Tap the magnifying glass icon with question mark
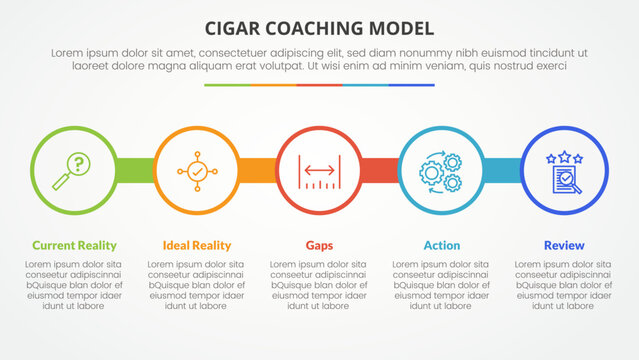point(74,170)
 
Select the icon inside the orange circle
point(197,170)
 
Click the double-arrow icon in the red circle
point(319,170)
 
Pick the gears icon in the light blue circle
point(442,170)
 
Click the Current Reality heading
point(74,245)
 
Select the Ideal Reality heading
point(197,245)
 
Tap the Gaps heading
point(319,245)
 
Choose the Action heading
point(442,245)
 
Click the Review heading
point(564,245)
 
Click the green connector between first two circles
point(135,170)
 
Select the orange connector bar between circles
point(257,170)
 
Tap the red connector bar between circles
point(380,170)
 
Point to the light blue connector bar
point(502,170)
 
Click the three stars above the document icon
point(564,156)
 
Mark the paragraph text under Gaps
point(319,284)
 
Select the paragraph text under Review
point(564,284)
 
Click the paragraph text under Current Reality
point(74,284)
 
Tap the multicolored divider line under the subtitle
point(319,85)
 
